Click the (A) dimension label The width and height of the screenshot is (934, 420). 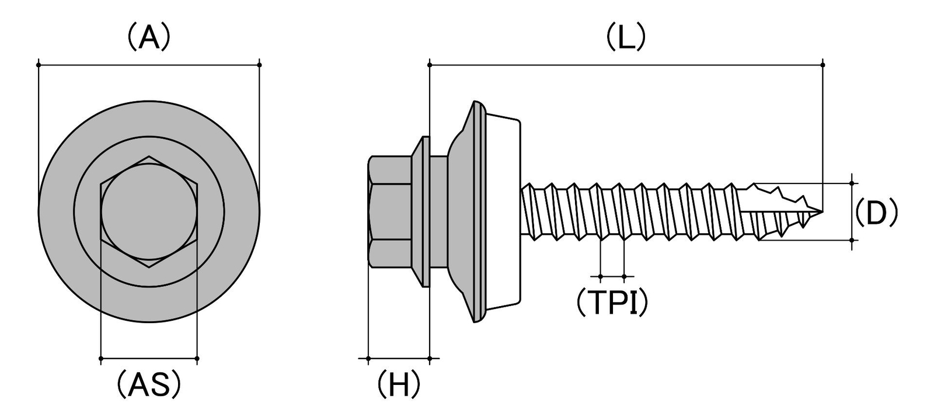[x=149, y=37]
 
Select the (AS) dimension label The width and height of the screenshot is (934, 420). [x=149, y=384]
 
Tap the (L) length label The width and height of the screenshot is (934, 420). [x=625, y=37]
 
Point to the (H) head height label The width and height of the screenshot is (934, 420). [x=399, y=384]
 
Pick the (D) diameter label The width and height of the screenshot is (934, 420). [x=876, y=212]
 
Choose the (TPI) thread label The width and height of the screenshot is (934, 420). [x=612, y=302]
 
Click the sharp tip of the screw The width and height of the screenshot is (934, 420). [x=823, y=212]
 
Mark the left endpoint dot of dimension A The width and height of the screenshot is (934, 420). [x=39, y=65]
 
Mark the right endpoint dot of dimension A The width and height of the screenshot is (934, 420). [x=259, y=65]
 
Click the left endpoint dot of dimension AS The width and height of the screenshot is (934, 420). [x=101, y=358]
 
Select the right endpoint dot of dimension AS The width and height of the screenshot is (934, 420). [x=197, y=358]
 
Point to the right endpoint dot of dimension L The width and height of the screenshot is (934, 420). [x=823, y=65]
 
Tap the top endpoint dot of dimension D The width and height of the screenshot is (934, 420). [x=852, y=183]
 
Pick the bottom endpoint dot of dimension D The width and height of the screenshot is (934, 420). [x=852, y=240]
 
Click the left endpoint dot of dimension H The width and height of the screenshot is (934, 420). [x=368, y=358]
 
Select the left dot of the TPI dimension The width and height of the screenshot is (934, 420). [x=601, y=276]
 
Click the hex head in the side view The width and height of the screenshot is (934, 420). [x=390, y=211]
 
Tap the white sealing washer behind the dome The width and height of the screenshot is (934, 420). [x=503, y=211]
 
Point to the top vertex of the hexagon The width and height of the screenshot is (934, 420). [x=149, y=157]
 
